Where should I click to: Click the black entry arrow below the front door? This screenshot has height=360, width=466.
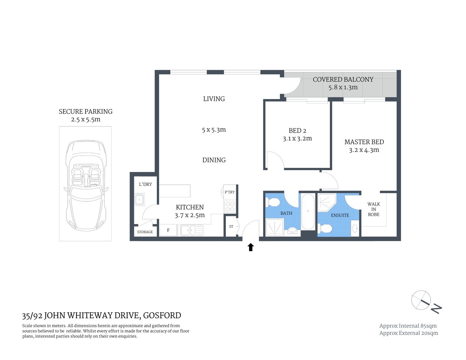tap(251, 247)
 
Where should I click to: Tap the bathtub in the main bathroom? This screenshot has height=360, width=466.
tap(308, 212)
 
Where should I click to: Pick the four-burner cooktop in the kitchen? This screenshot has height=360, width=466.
tap(229, 207)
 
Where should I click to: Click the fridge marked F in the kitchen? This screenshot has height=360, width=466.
tap(168, 230)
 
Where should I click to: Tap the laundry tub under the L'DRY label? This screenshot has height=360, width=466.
tap(140, 200)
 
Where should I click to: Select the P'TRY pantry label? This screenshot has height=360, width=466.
tap(230, 192)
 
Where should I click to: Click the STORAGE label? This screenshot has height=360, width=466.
tap(145, 232)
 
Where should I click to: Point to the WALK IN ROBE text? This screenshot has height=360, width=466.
tap(374, 209)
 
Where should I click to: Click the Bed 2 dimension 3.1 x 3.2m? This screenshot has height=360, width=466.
tap(297, 138)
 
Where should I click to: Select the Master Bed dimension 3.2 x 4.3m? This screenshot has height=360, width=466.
tap(364, 150)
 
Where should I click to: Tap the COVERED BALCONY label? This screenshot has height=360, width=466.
tap(343, 79)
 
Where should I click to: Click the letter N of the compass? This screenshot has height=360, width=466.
tap(436, 308)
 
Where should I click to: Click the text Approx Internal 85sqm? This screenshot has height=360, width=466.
tap(408, 326)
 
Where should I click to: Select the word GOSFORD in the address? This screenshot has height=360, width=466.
tap(162, 315)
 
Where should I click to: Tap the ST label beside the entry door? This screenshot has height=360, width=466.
tap(231, 226)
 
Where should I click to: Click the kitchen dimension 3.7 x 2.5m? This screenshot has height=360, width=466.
tap(190, 215)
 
